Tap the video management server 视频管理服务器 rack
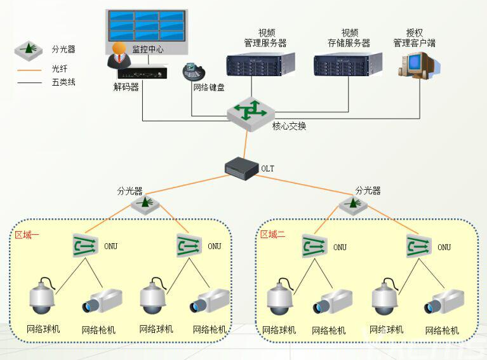pyautogui.click(x=260, y=65)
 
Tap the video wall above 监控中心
pyautogui.click(x=145, y=25)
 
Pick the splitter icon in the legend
pyautogui.click(x=29, y=48)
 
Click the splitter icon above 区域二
pyautogui.click(x=352, y=204)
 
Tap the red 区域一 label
pyautogui.click(x=27, y=235)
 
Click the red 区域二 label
pyautogui.click(x=273, y=235)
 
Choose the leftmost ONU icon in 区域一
pyautogui.click(x=84, y=245)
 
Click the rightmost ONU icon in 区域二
pyautogui.click(x=419, y=245)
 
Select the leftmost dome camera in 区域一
pyautogui.click(x=43, y=296)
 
